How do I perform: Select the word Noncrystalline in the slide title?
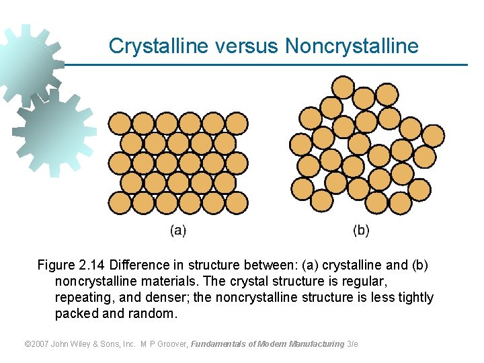tap(352, 46)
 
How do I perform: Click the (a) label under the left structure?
tap(177, 231)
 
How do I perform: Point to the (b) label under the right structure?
tap(361, 231)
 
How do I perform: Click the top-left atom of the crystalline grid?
tap(120, 123)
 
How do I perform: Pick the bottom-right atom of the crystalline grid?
tap(236, 202)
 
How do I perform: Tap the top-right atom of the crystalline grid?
tap(236, 123)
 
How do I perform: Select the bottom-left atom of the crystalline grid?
tap(120, 202)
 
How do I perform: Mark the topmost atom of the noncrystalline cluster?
tap(343, 87)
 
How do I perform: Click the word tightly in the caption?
tap(413, 297)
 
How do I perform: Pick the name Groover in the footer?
tap(171, 344)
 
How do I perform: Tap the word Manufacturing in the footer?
tap(315, 344)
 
